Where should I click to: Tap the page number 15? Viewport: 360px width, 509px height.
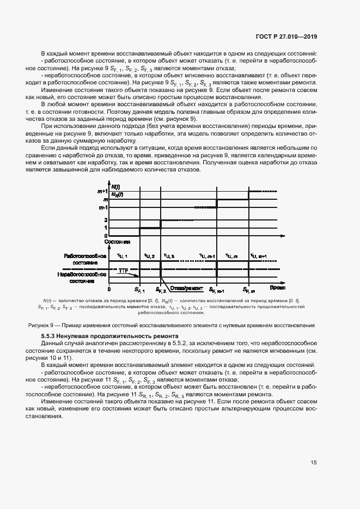[x=314, y=463]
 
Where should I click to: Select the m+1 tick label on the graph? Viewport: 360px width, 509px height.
[x=102, y=191]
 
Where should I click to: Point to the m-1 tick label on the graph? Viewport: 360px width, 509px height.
[x=102, y=207]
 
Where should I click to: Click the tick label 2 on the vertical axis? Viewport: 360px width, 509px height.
[x=106, y=220]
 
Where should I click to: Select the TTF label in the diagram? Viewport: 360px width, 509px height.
[x=123, y=270]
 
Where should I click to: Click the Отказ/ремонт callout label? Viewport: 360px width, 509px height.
[x=186, y=289]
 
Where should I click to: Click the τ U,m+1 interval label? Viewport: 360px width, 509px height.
[x=258, y=256]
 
